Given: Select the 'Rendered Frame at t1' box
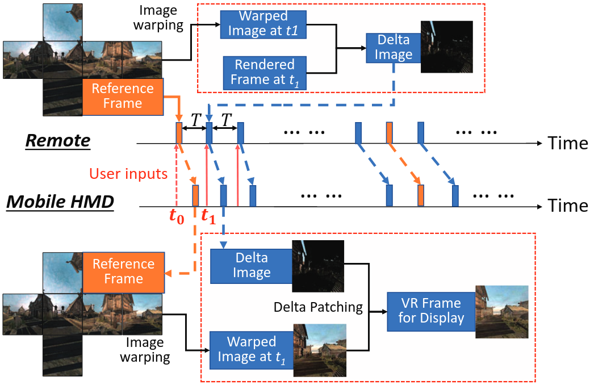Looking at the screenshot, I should click(257, 73).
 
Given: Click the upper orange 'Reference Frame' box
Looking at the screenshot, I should click(123, 96).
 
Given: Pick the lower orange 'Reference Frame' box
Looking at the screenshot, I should click(123, 271).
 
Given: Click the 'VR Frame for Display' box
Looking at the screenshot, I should click(430, 309).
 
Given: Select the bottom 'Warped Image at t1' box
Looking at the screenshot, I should click(252, 349).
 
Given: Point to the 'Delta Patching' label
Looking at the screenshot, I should click(318, 307).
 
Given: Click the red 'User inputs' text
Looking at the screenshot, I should click(128, 173).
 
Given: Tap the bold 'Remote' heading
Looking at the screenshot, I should click(57, 141).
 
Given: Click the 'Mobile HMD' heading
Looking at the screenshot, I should click(60, 202).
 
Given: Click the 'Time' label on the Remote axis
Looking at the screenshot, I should click(567, 143).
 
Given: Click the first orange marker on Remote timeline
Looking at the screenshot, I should click(179, 133).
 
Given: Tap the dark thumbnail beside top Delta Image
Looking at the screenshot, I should click(446, 47).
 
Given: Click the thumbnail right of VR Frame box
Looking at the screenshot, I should click(502, 312).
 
